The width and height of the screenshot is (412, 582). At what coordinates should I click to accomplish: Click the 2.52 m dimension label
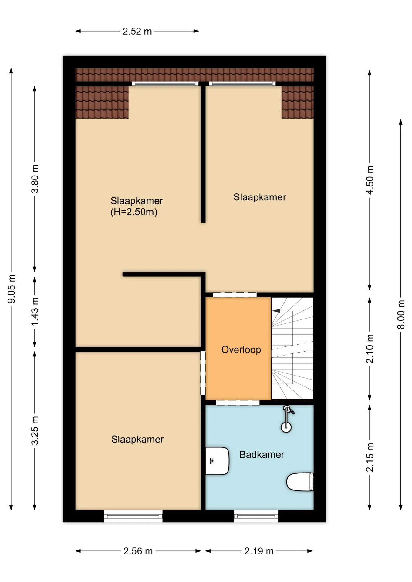[x=137, y=31]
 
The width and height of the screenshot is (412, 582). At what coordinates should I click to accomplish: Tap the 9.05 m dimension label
[x=12, y=289]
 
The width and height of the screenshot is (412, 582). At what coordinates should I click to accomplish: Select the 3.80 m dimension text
[x=35, y=179]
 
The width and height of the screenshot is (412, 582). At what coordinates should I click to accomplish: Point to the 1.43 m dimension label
[x=35, y=311]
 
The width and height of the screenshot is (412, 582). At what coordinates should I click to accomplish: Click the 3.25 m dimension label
[x=35, y=430]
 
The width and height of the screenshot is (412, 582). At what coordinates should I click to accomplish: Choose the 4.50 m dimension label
[x=370, y=180]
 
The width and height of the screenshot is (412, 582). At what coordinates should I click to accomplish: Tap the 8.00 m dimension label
[x=401, y=314]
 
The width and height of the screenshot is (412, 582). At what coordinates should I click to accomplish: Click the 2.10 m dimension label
[x=370, y=349]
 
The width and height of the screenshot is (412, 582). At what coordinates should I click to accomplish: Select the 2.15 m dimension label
[x=370, y=457]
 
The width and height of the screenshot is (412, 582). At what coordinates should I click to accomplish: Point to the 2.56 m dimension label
[x=138, y=551]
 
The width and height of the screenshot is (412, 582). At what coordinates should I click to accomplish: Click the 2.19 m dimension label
[x=259, y=551]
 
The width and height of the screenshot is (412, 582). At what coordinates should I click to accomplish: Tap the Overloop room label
[x=241, y=350]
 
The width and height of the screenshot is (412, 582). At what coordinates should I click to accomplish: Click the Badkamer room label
[x=262, y=454]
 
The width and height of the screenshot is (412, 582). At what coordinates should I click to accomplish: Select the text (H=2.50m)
[x=134, y=212]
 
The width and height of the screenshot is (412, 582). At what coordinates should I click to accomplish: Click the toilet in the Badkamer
[x=300, y=482]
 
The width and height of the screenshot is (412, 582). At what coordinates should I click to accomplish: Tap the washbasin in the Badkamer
[x=217, y=461]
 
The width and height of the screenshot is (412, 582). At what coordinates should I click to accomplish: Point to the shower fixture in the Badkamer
[x=287, y=419]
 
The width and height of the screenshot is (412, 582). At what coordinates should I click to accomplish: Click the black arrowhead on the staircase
[x=276, y=311]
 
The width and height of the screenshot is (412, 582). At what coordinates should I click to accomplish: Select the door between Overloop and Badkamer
[x=238, y=403]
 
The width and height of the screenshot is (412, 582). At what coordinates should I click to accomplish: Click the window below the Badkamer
[x=256, y=516]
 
